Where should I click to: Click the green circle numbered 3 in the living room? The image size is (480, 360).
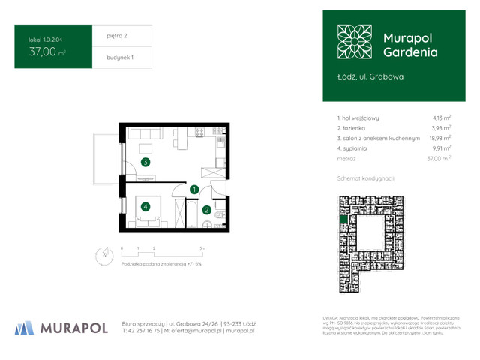[x=145, y=161]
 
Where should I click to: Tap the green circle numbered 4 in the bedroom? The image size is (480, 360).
[x=145, y=206]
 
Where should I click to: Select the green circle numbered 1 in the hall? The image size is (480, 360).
[x=193, y=190]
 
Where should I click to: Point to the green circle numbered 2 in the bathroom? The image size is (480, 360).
[x=205, y=210]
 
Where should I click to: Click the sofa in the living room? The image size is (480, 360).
[x=145, y=133]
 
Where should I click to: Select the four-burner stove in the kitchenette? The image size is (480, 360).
[x=199, y=132]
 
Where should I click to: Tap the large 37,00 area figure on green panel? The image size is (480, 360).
[x=43, y=52]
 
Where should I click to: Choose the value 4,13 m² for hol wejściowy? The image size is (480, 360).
[x=441, y=118]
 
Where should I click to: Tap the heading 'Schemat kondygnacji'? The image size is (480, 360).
[x=366, y=178]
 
